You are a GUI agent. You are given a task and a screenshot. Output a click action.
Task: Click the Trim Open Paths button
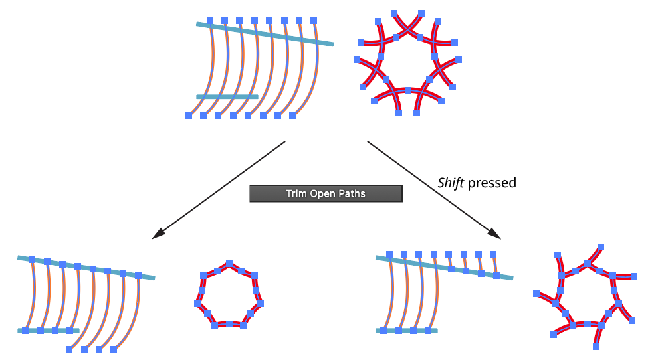[326, 193]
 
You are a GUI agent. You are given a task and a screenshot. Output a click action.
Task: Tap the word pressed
[492, 183]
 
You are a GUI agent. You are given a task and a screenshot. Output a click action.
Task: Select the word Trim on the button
[296, 194]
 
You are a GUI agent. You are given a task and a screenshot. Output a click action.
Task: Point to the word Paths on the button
[352, 194]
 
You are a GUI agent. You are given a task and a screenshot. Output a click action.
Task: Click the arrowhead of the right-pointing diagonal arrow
[495, 234]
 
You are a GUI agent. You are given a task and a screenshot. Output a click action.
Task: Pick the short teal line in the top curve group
[227, 97]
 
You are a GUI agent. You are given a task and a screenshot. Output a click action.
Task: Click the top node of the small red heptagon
[229, 264]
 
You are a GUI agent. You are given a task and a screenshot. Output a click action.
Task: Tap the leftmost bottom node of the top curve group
[189, 116]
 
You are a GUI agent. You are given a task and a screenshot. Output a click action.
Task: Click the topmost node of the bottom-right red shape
[600, 246]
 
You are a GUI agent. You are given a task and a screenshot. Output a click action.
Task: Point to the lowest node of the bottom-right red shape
[596, 347]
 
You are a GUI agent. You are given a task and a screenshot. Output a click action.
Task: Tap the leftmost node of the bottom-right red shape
[536, 293]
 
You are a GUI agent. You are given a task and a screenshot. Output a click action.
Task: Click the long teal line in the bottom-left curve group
[86, 268]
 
